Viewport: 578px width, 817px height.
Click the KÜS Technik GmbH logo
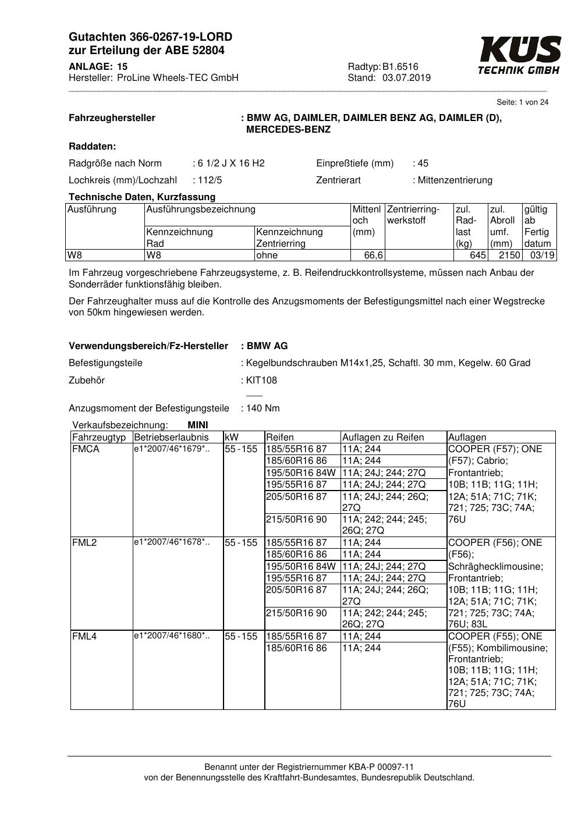[x=519, y=55]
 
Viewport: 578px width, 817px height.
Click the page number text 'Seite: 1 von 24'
[x=522, y=102]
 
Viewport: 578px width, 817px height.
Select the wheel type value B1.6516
[x=400, y=67]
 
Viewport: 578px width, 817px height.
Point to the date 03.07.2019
[x=406, y=78]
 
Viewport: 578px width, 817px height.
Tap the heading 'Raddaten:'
[x=92, y=147]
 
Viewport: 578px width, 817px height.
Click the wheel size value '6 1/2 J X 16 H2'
[x=231, y=164]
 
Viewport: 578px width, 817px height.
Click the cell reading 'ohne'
[x=267, y=255]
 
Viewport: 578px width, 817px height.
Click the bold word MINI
[x=198, y=425]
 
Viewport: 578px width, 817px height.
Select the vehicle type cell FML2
[x=84, y=543]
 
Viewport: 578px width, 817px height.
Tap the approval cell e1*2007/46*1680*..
[x=171, y=636]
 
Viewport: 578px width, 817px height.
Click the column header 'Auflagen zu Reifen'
[x=383, y=438]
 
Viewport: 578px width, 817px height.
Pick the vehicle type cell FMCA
[x=86, y=449]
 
